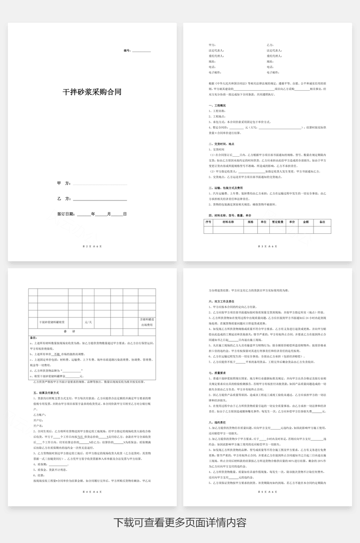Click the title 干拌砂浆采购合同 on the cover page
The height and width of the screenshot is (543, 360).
[92, 92]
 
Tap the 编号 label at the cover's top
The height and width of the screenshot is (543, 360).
[127, 50]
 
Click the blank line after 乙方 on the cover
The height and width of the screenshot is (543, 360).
[100, 199]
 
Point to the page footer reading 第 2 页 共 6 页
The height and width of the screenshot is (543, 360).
[92, 246]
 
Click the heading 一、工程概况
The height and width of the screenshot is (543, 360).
[218, 106]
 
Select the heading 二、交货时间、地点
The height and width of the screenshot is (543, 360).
[222, 144]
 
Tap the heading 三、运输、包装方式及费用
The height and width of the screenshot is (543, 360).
[227, 187]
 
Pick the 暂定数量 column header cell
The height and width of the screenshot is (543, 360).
[278, 222]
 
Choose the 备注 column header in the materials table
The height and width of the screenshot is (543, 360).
[322, 222]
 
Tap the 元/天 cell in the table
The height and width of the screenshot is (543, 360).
[88, 322]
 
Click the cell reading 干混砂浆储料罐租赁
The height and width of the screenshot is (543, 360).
[55, 322]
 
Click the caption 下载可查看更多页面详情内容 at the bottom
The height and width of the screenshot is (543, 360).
[180, 522]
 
